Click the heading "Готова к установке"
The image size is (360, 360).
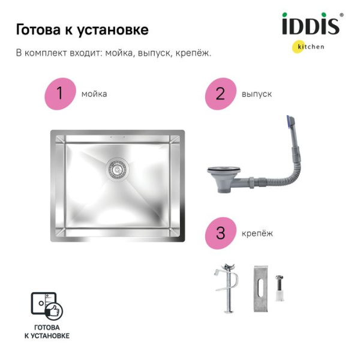tap(82, 29)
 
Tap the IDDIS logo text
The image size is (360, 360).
tap(310, 26)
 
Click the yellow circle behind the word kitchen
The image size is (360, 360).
tap(298, 47)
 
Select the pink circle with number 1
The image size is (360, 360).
tap(59, 94)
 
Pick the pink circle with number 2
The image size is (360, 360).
tap(221, 94)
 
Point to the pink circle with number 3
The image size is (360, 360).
tap(221, 233)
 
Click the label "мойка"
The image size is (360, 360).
tap(94, 94)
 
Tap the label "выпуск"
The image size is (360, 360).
tap(257, 94)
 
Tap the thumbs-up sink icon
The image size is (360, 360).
tap(47, 306)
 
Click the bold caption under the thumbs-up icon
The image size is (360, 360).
tap(47, 332)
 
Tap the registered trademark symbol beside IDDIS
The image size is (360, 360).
tap(341, 16)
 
